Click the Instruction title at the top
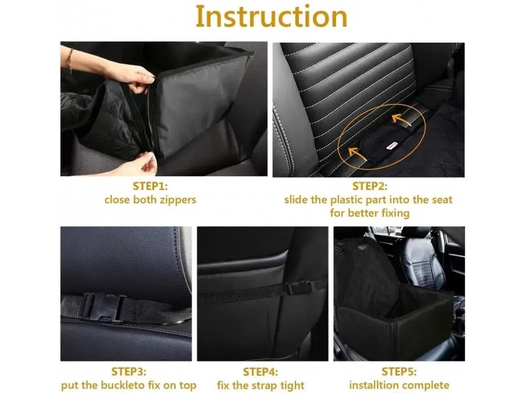coord(271,16)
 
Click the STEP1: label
coord(150,186)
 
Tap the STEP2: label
coord(369,186)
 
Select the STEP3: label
coord(128,371)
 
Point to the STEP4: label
coord(260,371)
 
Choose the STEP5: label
coord(399,371)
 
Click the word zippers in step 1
coord(178,200)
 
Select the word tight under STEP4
coord(292,386)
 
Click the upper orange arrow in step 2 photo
coord(402,120)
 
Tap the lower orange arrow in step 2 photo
coord(356,153)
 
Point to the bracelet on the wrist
coord(70,60)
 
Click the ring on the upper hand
coord(138,71)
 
